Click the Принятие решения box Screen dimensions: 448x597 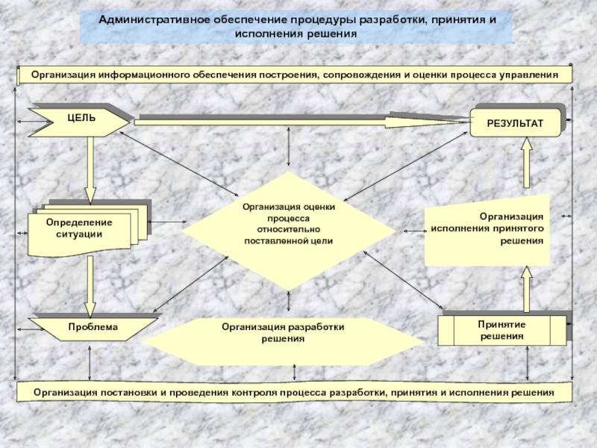501,331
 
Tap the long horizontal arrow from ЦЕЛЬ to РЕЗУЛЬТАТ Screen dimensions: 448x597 298,118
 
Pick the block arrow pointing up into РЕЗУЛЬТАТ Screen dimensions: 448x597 527,161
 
